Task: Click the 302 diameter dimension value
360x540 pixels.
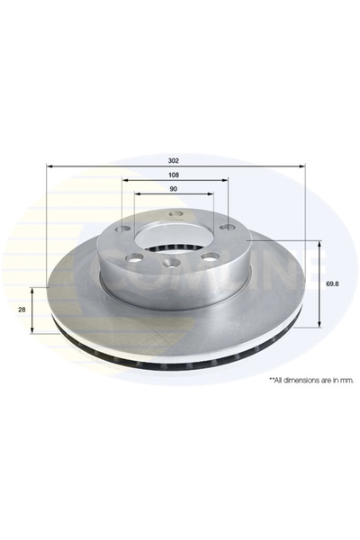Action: (174, 158)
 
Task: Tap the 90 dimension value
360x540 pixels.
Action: (174, 191)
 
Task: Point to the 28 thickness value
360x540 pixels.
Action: (22, 310)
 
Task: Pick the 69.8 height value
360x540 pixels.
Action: (331, 283)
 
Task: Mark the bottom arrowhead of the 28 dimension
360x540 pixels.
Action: (35, 332)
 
